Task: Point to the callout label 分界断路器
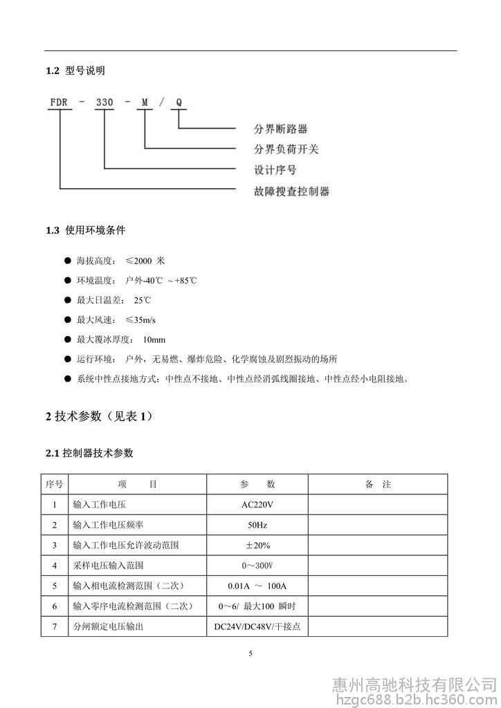click(x=281, y=129)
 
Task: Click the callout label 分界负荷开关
click(x=286, y=149)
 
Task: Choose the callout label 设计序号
click(x=275, y=169)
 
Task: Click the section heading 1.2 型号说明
click(x=75, y=71)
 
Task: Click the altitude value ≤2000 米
click(x=145, y=261)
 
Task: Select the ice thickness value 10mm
click(x=154, y=339)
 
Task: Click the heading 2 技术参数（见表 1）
click(x=99, y=416)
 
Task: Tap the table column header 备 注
click(x=378, y=484)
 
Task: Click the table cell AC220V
click(x=258, y=504)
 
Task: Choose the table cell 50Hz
click(x=258, y=525)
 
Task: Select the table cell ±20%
click(x=258, y=545)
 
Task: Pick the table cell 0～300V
click(x=258, y=566)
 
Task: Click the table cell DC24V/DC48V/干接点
click(x=258, y=627)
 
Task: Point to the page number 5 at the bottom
click(x=250, y=653)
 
